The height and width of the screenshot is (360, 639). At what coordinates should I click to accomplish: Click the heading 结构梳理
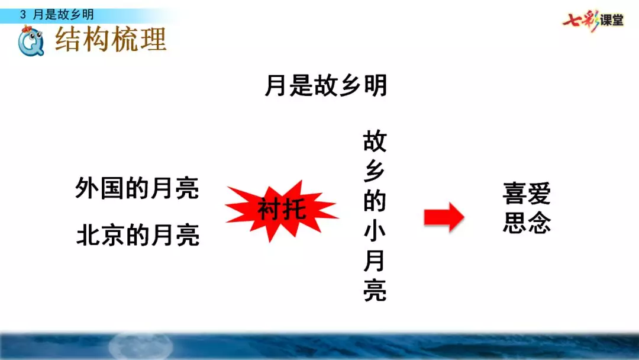111,40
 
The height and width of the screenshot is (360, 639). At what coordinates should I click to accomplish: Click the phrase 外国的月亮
137,189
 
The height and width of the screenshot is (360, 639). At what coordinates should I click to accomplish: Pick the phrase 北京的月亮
138,236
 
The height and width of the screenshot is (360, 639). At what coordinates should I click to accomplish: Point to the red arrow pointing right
443,217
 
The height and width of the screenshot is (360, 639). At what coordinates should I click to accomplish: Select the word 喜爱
527,193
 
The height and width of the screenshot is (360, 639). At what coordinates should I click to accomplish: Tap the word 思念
527,223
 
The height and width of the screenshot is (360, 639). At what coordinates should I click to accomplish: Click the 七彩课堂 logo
593,20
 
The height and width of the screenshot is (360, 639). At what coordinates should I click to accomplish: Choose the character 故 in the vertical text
375,142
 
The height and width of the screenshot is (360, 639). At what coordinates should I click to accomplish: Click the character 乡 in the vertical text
375,172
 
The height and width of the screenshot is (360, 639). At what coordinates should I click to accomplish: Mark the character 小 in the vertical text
375,232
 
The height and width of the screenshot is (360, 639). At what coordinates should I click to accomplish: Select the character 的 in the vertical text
375,202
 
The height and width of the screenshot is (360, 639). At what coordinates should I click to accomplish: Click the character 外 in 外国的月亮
88,189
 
